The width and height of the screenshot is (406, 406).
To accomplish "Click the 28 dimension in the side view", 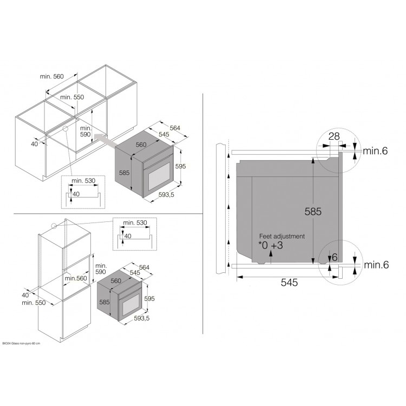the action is [334, 136].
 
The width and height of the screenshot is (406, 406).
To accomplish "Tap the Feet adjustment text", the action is [282, 236].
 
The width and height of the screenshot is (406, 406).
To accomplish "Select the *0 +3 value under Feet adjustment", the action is [271, 245].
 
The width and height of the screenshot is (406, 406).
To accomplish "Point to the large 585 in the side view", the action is [313, 212].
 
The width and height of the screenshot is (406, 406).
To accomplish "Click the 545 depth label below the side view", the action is [289, 283].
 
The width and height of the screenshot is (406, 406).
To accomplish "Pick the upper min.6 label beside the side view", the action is [375, 150].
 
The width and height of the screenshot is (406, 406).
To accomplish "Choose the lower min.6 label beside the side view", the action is [376, 265].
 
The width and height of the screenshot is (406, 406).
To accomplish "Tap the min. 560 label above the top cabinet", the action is [52, 76].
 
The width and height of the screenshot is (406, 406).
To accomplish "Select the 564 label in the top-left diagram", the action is [175, 128].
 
